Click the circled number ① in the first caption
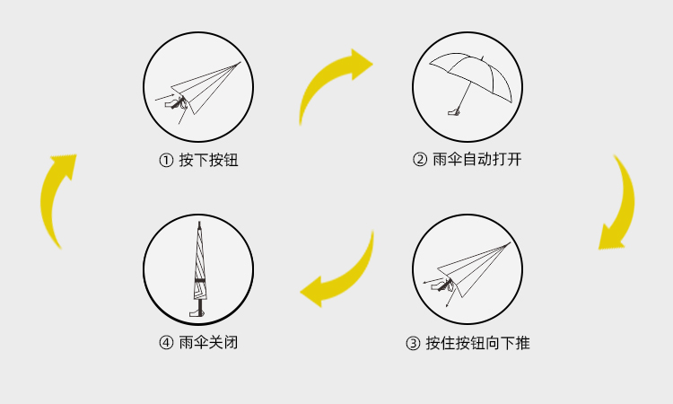click(x=166, y=161)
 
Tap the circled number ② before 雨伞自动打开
click(x=419, y=161)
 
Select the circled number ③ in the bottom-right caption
click(x=413, y=343)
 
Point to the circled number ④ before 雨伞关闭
click(x=166, y=343)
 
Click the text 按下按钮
click(x=208, y=161)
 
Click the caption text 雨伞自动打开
click(x=476, y=161)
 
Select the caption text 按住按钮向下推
click(x=478, y=343)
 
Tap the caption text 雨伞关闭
click(x=208, y=343)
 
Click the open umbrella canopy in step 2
click(x=470, y=66)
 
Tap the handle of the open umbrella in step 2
click(x=455, y=112)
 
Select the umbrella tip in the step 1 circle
click(x=239, y=64)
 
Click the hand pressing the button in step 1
click(x=173, y=105)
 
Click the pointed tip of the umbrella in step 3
click(x=509, y=243)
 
